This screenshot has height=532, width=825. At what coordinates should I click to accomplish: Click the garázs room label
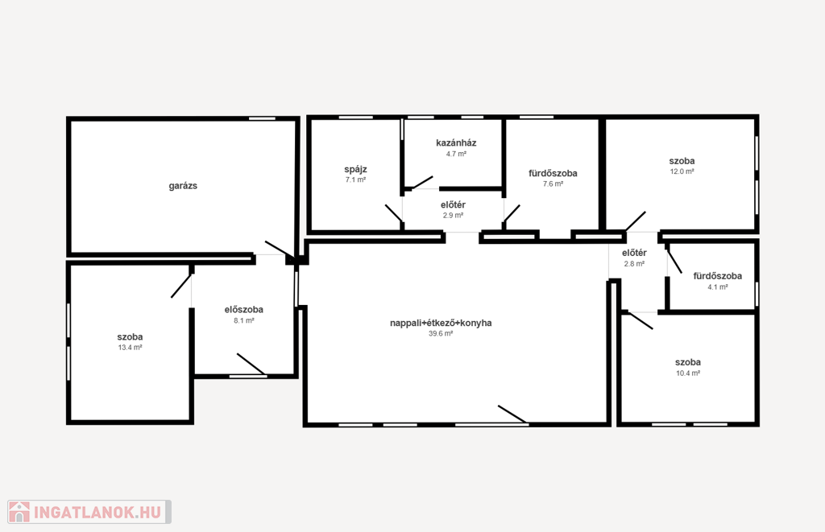pos(183,186)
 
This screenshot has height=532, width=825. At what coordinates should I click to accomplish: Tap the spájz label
pos(355,169)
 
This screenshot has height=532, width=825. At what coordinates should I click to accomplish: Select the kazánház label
pos(456,143)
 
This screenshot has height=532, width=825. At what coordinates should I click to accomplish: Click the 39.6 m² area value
pos(441,334)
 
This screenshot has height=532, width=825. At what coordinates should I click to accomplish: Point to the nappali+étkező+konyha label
pos(441,323)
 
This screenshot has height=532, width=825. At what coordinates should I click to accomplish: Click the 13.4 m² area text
pos(130,348)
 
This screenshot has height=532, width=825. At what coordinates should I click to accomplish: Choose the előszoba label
pos(244,310)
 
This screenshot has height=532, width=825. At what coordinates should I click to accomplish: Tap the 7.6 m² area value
pos(553,184)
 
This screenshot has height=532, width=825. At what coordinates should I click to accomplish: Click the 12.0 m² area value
pos(682,171)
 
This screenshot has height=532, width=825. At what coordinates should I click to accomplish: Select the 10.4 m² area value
pos(688,373)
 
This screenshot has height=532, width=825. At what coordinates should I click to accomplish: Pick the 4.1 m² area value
pos(718,287)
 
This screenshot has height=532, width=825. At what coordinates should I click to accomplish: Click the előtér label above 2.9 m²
pos(453,205)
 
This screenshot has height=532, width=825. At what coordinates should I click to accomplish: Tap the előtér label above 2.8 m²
pos(635,253)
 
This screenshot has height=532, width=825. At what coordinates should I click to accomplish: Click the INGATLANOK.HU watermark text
pos(97,512)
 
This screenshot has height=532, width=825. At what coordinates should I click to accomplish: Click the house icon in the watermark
pos(19,512)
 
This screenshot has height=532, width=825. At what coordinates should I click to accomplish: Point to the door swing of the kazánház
pos(422,183)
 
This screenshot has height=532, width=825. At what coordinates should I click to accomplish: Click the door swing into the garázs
pos(280,250)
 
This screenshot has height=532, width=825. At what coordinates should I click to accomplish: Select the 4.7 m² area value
pos(456,154)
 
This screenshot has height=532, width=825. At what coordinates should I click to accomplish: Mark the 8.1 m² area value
pos(244,320)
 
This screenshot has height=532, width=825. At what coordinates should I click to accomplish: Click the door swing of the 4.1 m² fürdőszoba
pos(674,262)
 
